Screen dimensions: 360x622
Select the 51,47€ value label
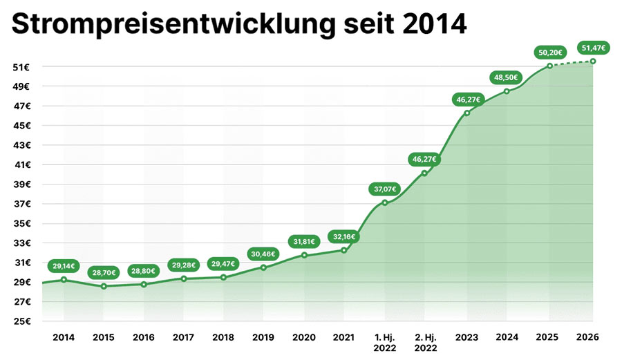click(x=592, y=48)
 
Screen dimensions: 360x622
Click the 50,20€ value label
click(x=550, y=52)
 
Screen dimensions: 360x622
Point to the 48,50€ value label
click(x=508, y=77)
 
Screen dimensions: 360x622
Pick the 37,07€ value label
click(x=385, y=188)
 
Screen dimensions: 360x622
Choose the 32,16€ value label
click(x=343, y=236)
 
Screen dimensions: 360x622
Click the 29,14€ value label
click(x=63, y=265)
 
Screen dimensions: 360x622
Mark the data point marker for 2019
click(x=263, y=267)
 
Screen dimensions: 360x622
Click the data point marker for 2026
click(x=592, y=61)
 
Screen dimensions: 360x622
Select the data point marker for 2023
click(x=466, y=113)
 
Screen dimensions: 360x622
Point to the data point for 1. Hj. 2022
click(x=385, y=202)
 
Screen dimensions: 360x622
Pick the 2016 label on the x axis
click(x=144, y=337)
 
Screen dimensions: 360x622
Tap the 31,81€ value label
click(x=303, y=242)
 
